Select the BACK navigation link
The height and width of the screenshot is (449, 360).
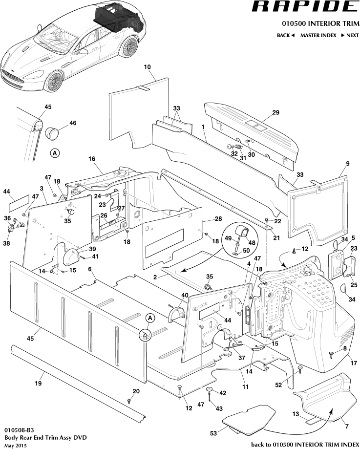pyautogui.click(x=286, y=36)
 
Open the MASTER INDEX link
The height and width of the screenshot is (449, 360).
pyautogui.click(x=318, y=36)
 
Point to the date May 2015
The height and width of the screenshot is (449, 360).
pyautogui.click(x=15, y=446)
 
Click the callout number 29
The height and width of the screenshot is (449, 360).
pyautogui.click(x=275, y=113)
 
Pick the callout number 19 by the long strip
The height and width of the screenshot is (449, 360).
pyautogui.click(x=38, y=384)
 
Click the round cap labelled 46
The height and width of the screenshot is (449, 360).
pyautogui.click(x=52, y=132)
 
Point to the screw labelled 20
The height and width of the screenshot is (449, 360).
pyautogui.click(x=129, y=401)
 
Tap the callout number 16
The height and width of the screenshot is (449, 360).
pyautogui.click(x=91, y=159)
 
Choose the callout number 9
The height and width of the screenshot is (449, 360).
pyautogui.click(x=348, y=163)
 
